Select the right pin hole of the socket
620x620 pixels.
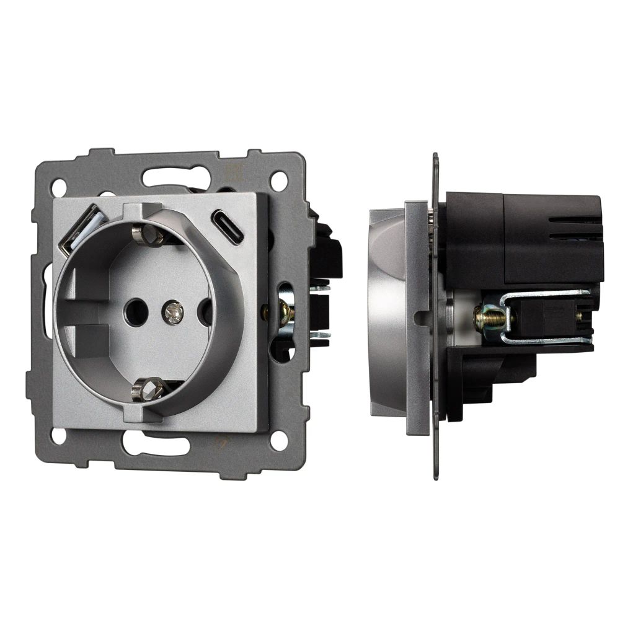[x=206, y=311]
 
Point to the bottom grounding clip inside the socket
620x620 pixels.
[x=148, y=389]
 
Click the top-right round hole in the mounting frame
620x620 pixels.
[x=278, y=180]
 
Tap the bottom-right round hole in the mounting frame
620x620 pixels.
[x=278, y=441]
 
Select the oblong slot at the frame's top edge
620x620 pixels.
[x=167, y=177]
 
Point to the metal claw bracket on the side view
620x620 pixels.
[x=546, y=316]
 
